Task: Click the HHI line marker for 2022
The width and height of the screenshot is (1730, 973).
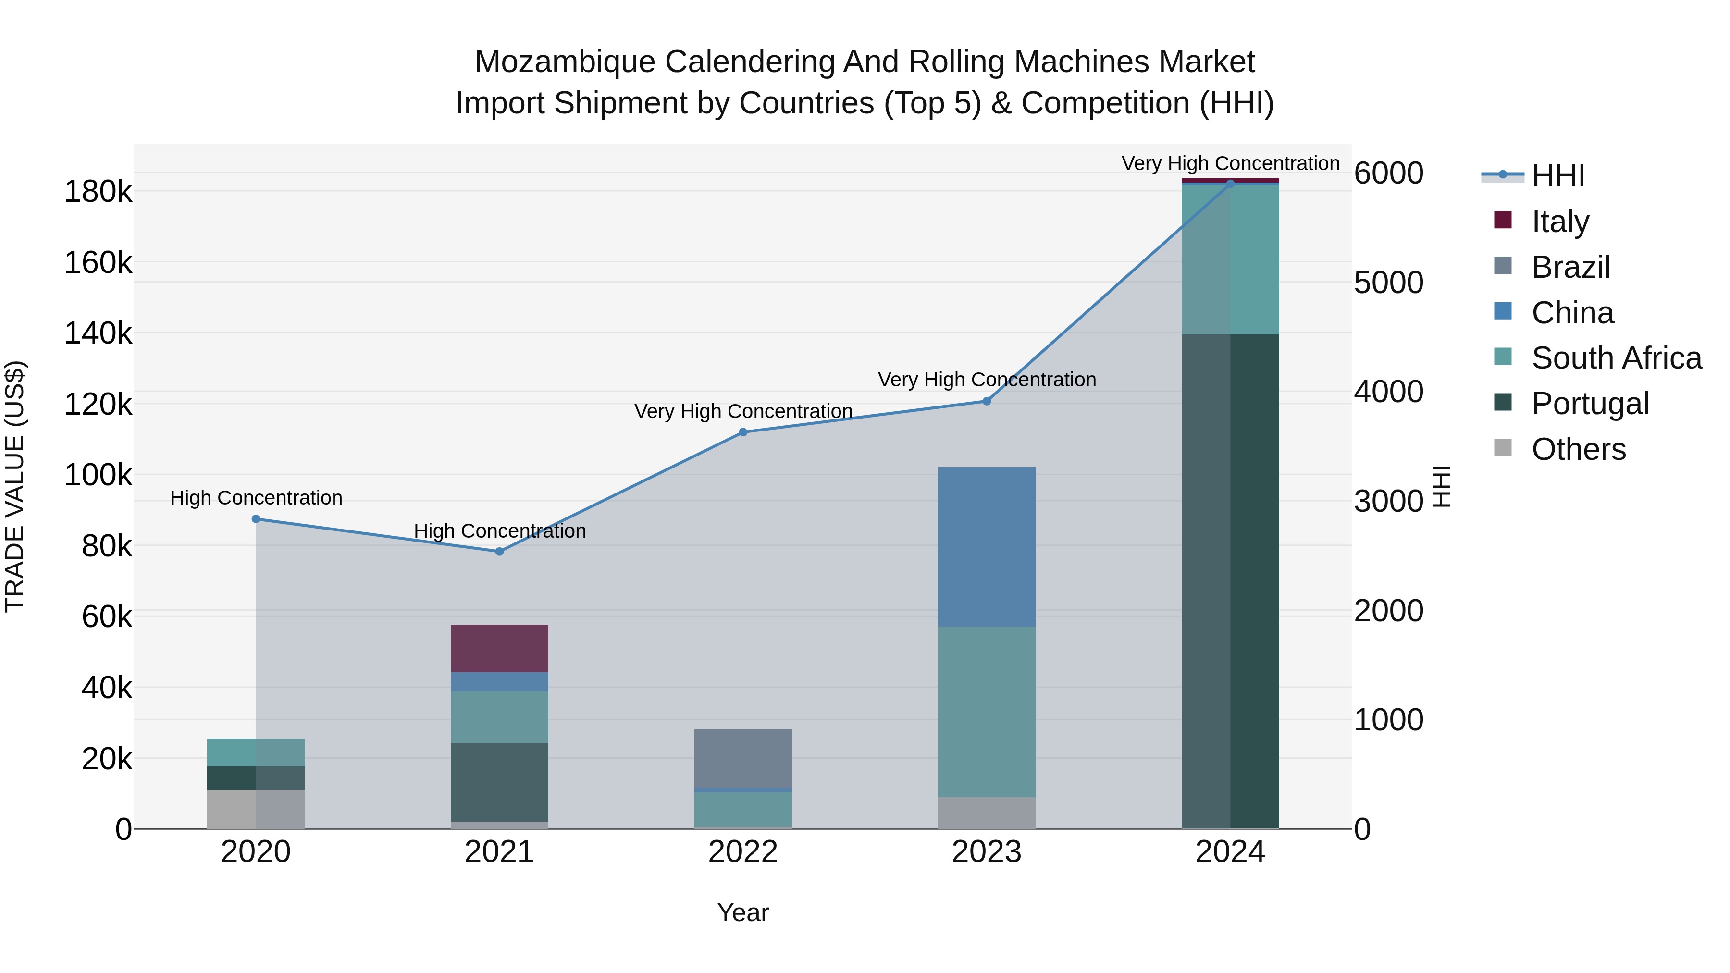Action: [743, 432]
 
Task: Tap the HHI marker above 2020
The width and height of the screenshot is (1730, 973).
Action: [256, 519]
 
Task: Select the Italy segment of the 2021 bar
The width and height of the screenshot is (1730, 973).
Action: [499, 648]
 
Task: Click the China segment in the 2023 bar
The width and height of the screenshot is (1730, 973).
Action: [987, 547]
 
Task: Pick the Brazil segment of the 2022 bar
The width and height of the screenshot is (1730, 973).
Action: [743, 757]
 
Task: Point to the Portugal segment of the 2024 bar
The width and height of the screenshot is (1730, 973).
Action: [1230, 581]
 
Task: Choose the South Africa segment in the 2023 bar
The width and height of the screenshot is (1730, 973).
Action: [987, 711]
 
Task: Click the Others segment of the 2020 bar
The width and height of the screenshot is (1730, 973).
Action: [256, 809]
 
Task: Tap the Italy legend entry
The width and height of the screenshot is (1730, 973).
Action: [1559, 221]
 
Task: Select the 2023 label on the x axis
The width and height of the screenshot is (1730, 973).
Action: [987, 852]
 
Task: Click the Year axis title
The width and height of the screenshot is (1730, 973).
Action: [743, 912]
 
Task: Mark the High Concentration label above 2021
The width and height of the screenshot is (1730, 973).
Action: [500, 530]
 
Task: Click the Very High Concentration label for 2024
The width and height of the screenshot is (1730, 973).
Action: [1230, 163]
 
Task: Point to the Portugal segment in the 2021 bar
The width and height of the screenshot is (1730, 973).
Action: [499, 782]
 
